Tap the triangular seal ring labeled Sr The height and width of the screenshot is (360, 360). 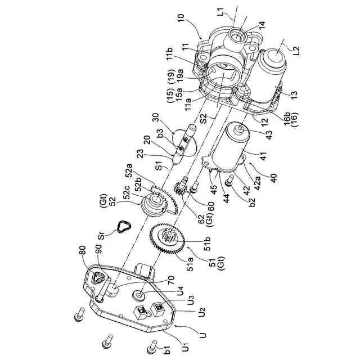tap(122, 227)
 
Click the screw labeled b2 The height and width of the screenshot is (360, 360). tap(229, 181)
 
